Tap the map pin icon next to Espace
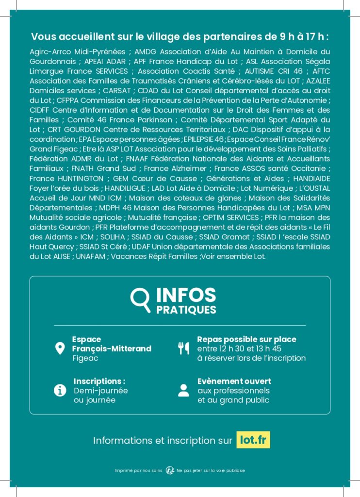coord(60,348)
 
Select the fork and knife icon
coord(183,348)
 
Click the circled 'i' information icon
coord(60,390)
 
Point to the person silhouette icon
coord(183,390)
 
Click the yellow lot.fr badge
coord(253,440)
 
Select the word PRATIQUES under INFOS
coord(186,309)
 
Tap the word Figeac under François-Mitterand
coord(85,358)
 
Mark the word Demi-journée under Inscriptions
coord(100,390)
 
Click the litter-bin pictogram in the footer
coord(170,470)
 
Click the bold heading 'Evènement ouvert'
coord(234,381)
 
